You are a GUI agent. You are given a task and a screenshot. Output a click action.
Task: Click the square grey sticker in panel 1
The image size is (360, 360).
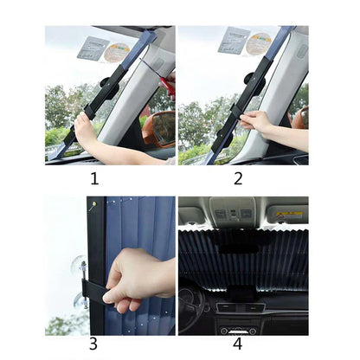(x=93, y=47)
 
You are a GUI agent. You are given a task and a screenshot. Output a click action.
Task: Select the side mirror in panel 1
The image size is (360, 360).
(x=162, y=127)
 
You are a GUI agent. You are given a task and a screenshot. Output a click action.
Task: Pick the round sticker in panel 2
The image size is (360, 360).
(x=258, y=43)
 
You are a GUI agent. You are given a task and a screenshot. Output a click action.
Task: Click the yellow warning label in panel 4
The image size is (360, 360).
(x=289, y=214)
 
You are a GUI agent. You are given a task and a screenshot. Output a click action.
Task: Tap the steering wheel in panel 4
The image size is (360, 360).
(x=192, y=303)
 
